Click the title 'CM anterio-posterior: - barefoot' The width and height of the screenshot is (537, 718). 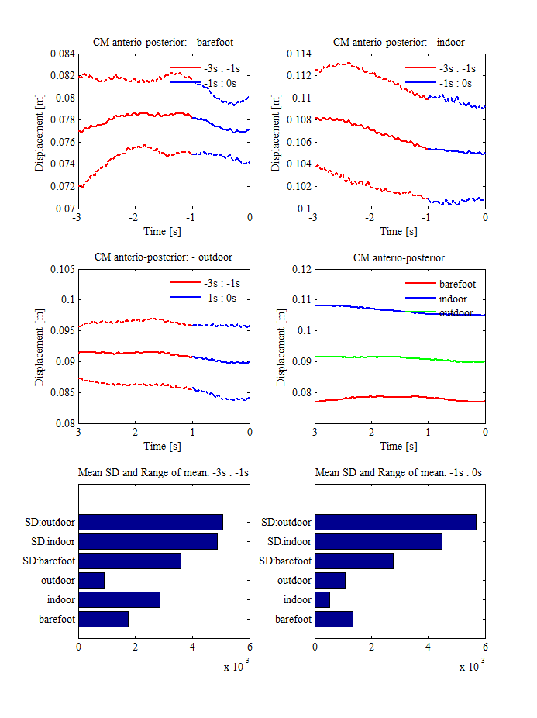[x=164, y=42]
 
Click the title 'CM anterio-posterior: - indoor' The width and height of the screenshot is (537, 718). [x=399, y=42]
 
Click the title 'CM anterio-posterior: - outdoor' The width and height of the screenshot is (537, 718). [x=164, y=257]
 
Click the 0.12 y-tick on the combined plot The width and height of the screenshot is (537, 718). [x=300, y=269]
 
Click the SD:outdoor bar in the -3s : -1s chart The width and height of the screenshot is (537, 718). [x=150, y=522]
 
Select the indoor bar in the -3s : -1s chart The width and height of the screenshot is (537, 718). [x=119, y=599]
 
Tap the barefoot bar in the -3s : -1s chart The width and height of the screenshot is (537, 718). [x=103, y=619]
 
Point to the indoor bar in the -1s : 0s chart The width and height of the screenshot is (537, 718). [x=322, y=599]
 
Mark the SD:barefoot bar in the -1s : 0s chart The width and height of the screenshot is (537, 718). [x=354, y=561]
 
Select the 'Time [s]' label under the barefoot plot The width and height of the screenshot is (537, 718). [x=164, y=231]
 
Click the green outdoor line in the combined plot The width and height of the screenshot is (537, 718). [x=387, y=357]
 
